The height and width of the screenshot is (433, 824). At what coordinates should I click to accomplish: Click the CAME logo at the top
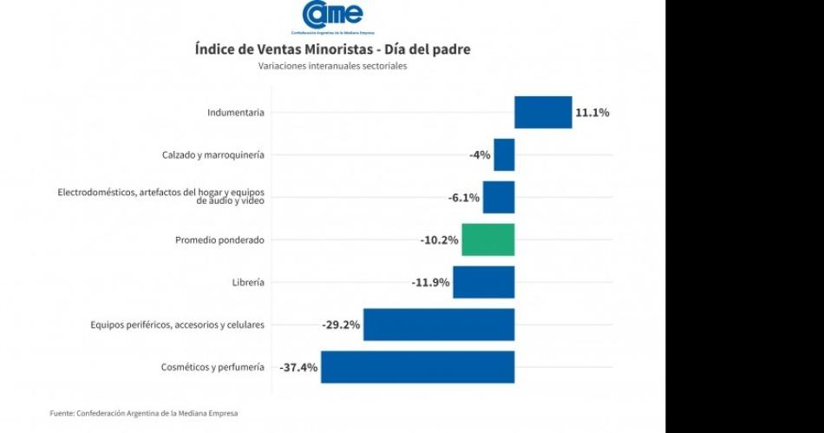point(332,16)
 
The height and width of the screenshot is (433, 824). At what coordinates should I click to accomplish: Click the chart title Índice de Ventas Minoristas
point(332,49)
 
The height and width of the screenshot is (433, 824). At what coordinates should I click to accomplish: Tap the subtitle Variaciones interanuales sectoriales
point(332,66)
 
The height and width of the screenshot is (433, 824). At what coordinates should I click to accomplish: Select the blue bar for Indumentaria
point(543,112)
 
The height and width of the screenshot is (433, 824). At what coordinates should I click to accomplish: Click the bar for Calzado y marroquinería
point(504,154)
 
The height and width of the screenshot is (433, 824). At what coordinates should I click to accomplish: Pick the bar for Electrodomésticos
point(499,197)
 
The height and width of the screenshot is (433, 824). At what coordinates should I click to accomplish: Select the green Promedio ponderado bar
point(487,239)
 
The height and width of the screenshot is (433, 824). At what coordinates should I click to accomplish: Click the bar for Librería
point(483,282)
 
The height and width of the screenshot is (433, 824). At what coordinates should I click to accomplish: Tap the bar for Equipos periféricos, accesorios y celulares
point(439,325)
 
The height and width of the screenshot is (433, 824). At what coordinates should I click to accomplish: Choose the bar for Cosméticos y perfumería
point(417,367)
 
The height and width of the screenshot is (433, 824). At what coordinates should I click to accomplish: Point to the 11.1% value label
point(592,113)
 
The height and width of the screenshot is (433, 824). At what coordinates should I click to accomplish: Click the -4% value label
point(480,155)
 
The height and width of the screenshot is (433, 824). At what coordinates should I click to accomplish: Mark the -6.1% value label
point(463,198)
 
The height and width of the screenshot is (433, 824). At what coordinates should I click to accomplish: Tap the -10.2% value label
point(440,240)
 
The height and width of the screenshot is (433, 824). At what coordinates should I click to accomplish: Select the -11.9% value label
point(431,283)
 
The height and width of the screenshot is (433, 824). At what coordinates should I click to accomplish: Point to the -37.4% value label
point(298,368)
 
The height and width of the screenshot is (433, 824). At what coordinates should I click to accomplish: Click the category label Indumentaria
point(236,113)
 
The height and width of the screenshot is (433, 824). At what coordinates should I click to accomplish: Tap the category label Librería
point(248,283)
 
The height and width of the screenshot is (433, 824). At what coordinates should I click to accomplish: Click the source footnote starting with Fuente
point(143,413)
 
